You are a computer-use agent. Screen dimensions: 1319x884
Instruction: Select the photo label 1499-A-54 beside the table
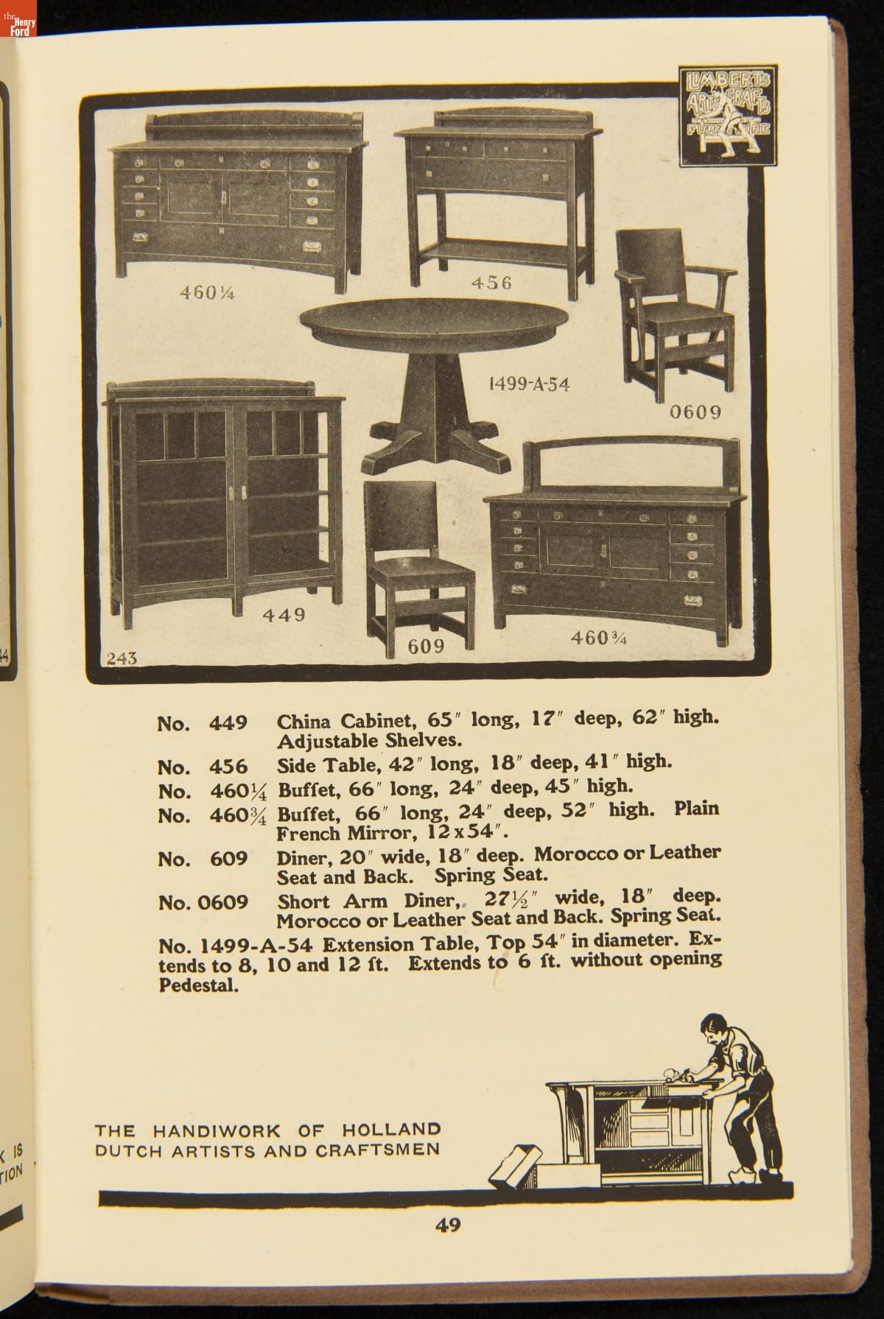tap(529, 384)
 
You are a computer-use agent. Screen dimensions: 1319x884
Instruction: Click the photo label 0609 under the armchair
tap(695, 411)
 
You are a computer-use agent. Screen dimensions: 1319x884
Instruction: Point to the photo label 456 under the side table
tap(491, 283)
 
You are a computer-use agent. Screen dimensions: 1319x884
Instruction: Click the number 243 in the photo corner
tap(122, 658)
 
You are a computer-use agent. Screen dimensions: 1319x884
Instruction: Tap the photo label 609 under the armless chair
tap(426, 646)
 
